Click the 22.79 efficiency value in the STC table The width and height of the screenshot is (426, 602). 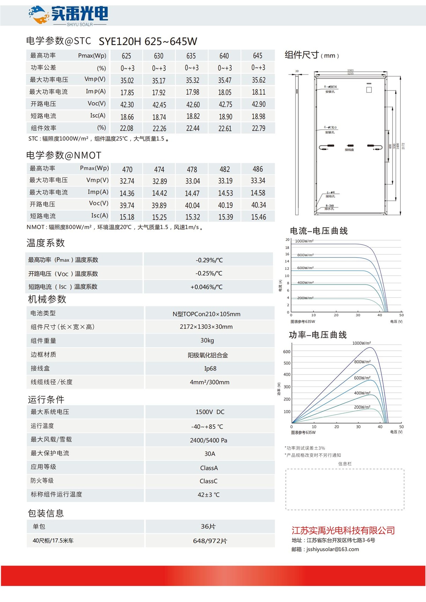[x=258, y=128]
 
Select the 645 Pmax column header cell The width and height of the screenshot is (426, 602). [x=258, y=56]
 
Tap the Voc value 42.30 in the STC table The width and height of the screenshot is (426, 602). [x=127, y=104]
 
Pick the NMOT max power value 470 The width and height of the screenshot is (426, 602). [x=127, y=170]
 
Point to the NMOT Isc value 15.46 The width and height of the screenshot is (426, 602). [x=258, y=217]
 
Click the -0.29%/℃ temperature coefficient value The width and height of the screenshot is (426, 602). [x=209, y=260]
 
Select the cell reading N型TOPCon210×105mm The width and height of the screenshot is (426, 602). [x=206, y=314]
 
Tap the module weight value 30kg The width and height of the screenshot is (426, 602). [x=207, y=341]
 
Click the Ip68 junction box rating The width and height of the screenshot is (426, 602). [x=210, y=369]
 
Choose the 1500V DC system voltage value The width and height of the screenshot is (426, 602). [x=210, y=412]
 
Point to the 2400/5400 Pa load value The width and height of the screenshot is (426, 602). [x=208, y=440]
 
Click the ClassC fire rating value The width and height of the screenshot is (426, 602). [x=208, y=481]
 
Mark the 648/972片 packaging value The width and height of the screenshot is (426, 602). [x=210, y=541]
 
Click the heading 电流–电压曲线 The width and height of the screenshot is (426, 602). [x=319, y=231]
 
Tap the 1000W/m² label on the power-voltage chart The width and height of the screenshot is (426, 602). [x=361, y=343]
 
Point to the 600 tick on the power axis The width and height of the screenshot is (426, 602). [x=287, y=352]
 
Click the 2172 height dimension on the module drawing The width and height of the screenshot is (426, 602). [x=403, y=146]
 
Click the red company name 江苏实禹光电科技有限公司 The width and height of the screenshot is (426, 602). [x=343, y=530]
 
